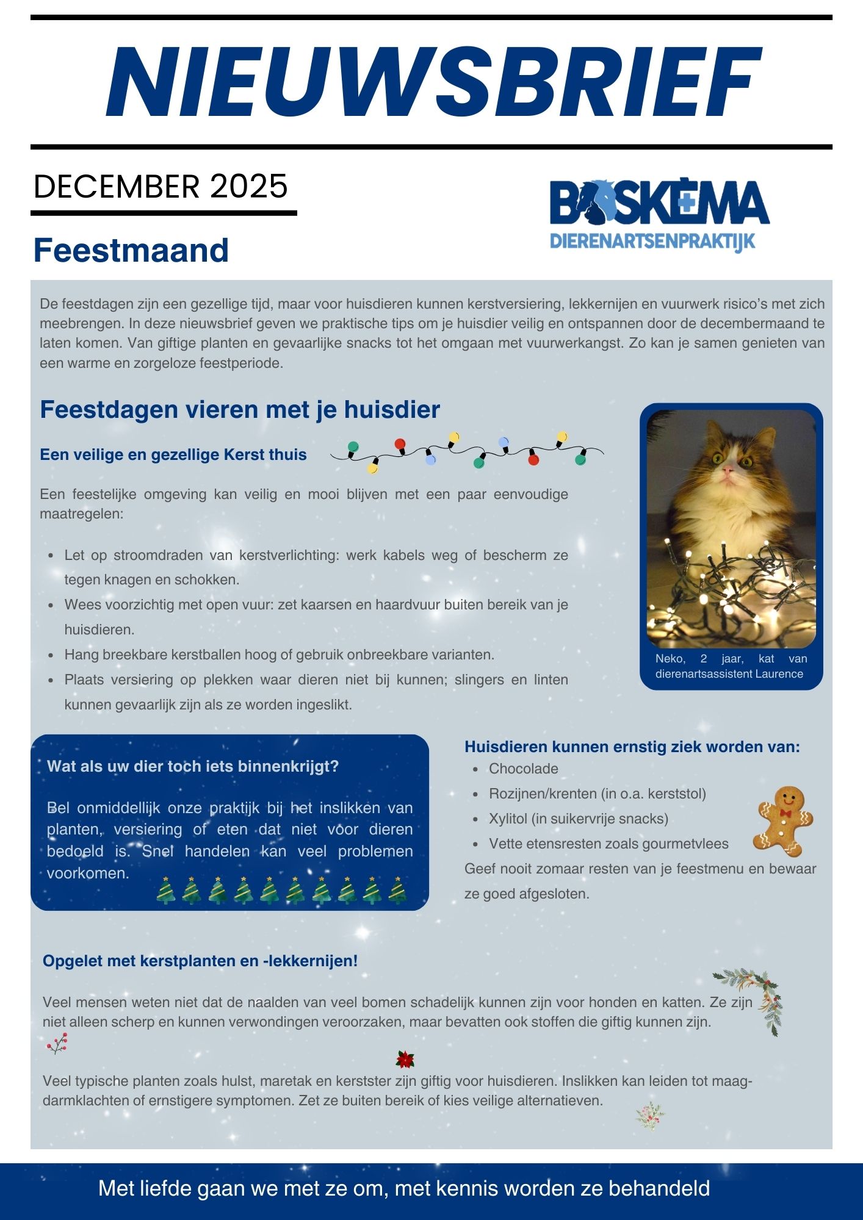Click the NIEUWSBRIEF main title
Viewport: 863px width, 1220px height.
[x=433, y=82]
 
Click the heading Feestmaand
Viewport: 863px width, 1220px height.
[x=131, y=250]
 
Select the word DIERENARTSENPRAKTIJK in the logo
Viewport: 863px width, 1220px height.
[x=652, y=241]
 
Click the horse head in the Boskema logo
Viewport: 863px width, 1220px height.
[x=596, y=202]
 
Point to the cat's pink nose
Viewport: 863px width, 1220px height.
[x=728, y=470]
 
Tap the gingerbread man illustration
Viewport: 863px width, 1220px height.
[x=784, y=820]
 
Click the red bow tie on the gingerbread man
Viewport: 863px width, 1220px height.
[x=785, y=813]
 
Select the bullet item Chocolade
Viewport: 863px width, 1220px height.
[x=523, y=769]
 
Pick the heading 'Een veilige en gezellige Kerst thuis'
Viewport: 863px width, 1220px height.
[x=173, y=455]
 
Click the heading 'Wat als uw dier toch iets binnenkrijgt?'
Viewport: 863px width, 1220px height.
[x=193, y=767]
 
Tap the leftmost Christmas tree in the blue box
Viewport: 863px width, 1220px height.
[x=165, y=891]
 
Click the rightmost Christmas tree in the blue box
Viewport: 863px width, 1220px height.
[x=398, y=891]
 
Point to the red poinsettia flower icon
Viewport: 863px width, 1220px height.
[x=405, y=1060]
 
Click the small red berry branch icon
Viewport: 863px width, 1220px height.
[x=57, y=1044]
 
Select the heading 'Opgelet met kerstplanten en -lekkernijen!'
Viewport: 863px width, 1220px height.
[x=200, y=961]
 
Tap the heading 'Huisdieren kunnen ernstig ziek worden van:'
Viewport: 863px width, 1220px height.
[x=632, y=747]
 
